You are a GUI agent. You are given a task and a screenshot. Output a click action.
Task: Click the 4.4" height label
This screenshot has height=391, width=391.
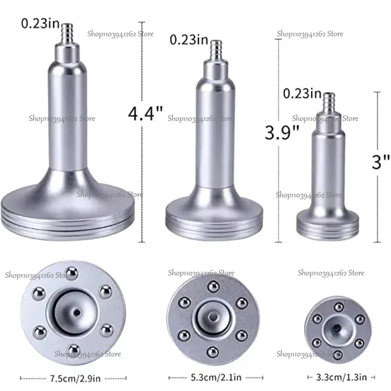point(145,113)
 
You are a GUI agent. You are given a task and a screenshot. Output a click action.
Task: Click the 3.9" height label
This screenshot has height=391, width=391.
point(282,132)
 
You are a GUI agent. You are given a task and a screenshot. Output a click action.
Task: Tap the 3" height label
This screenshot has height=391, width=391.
point(381,162)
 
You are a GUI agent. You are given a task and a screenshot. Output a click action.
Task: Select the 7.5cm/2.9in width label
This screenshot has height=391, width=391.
point(75,378)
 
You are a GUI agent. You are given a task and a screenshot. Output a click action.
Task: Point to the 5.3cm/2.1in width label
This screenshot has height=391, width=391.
point(216,377)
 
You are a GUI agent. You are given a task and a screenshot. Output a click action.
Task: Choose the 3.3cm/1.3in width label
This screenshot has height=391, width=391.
point(341,377)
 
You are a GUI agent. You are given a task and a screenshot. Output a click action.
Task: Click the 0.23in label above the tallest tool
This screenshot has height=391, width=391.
point(41,23)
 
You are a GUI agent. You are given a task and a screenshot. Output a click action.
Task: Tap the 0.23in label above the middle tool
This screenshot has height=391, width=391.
point(189,40)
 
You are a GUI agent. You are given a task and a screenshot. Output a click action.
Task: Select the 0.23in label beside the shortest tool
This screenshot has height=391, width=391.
point(302,94)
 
